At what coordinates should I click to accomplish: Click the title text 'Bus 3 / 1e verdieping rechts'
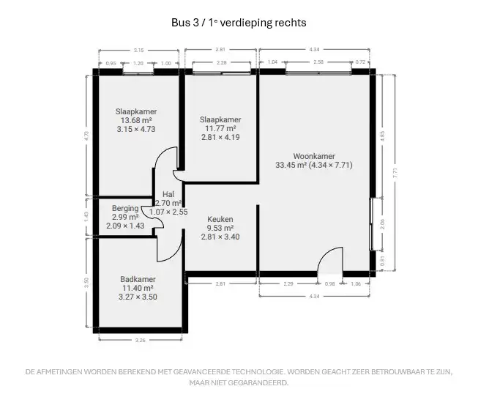(239, 23)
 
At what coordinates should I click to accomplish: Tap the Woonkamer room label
(313, 156)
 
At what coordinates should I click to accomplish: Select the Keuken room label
(220, 219)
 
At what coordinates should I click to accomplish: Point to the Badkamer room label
(138, 279)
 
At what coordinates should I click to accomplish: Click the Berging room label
(125, 209)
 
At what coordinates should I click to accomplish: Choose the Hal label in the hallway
(168, 195)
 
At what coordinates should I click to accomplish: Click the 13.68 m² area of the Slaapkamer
(135, 120)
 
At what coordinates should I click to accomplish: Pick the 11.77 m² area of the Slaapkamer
(220, 128)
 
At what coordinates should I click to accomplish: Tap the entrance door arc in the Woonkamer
(331, 259)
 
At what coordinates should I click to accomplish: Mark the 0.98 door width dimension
(329, 283)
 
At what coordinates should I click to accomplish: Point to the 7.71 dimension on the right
(395, 174)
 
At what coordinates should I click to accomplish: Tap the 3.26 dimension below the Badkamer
(140, 340)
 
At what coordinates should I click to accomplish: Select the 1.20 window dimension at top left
(138, 63)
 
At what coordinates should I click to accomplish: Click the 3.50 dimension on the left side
(86, 281)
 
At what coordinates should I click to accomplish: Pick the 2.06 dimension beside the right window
(383, 225)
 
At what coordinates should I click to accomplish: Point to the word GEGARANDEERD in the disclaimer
(260, 382)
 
